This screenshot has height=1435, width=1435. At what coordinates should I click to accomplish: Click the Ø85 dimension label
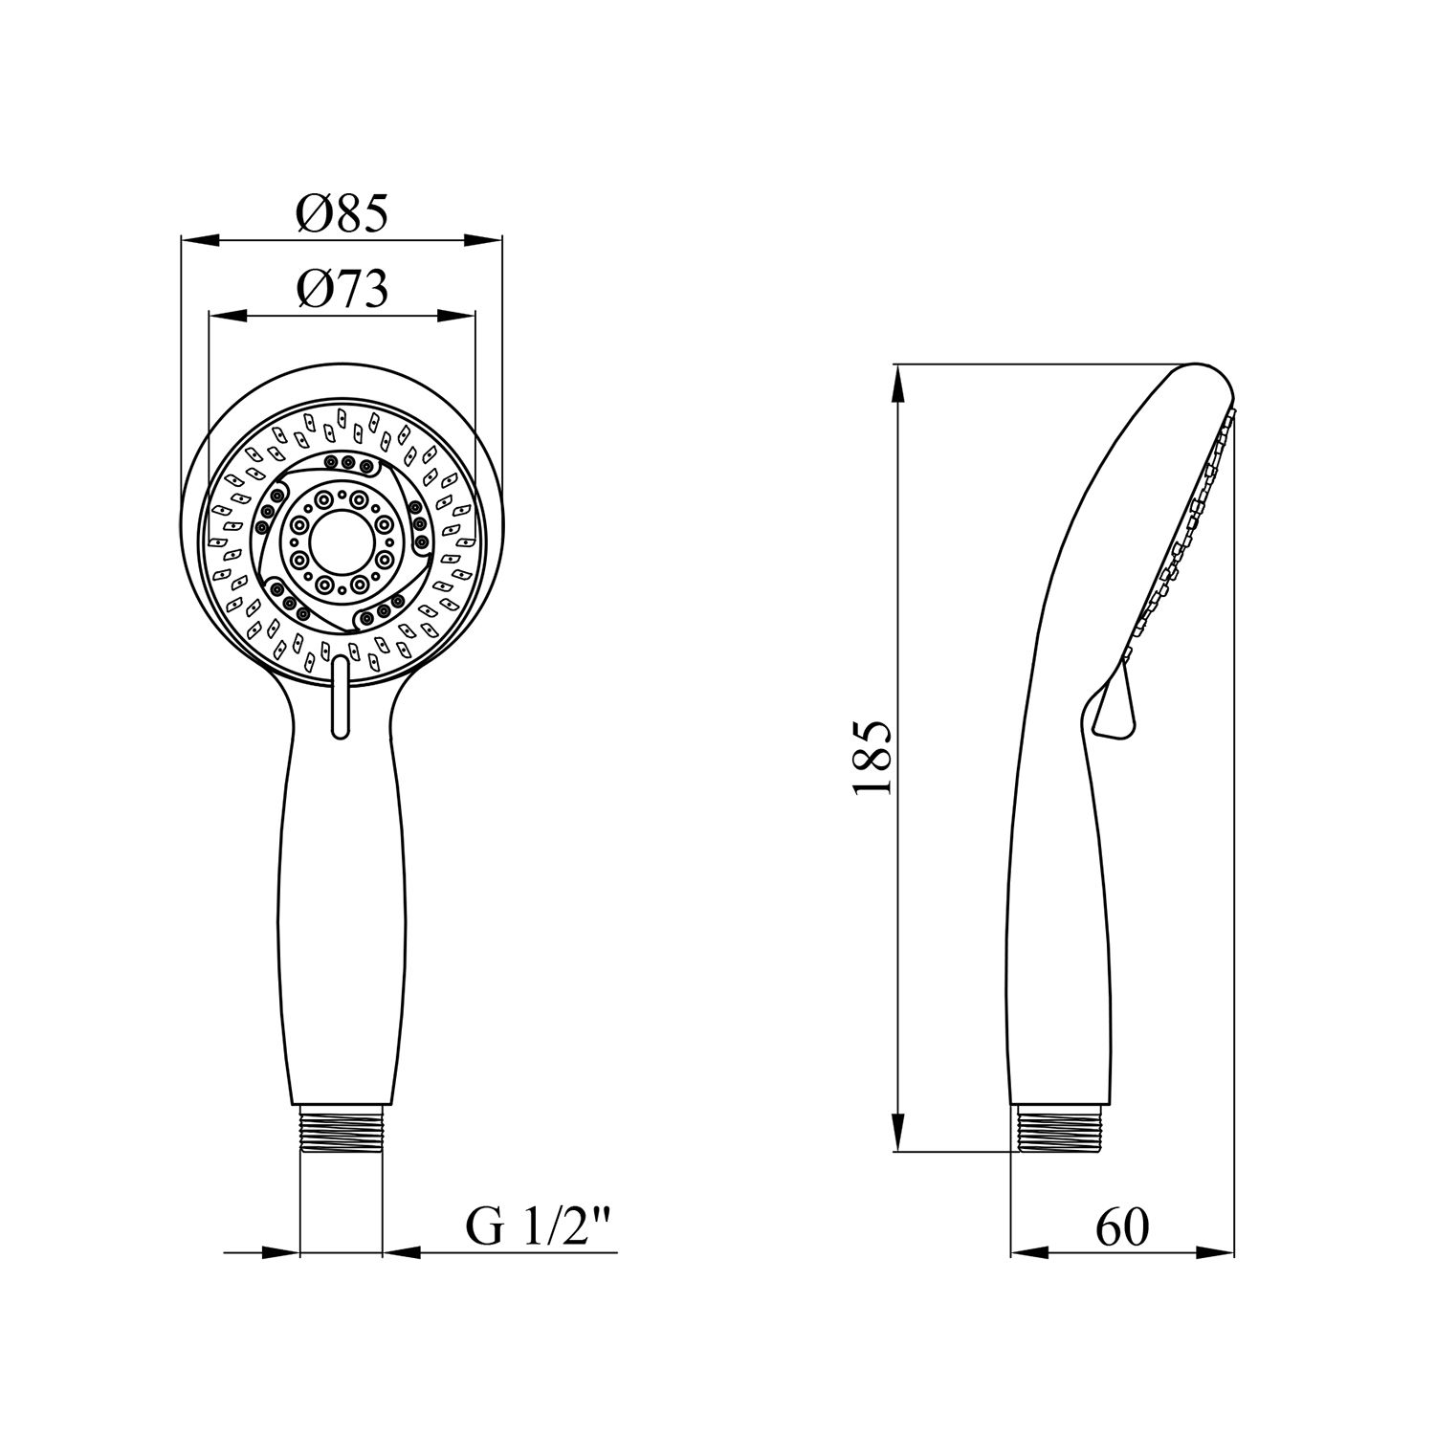click(x=342, y=213)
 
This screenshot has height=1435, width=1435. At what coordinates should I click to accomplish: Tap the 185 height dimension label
click(x=872, y=758)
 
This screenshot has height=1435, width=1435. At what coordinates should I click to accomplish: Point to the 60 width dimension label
click(x=1122, y=1227)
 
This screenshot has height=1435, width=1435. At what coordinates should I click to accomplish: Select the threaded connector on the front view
click(x=342, y=1130)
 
